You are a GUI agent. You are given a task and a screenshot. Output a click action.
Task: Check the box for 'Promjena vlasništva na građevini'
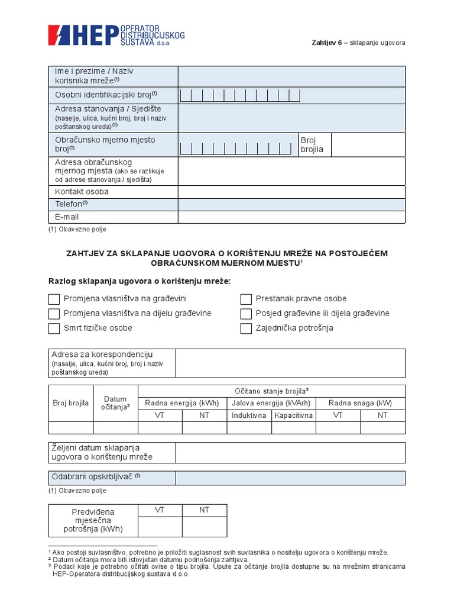(x=54, y=299)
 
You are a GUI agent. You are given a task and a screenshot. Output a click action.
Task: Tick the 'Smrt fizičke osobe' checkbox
(x=54, y=328)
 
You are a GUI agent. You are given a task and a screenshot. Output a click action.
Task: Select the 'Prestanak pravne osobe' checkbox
(x=246, y=299)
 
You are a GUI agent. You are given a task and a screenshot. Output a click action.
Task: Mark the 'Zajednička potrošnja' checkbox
(x=246, y=328)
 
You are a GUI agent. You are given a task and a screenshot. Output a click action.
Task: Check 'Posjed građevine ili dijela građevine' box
(x=246, y=314)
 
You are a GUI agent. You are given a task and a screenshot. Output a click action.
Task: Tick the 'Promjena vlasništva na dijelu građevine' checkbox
(x=54, y=314)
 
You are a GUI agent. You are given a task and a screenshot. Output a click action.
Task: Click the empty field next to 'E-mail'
(x=291, y=217)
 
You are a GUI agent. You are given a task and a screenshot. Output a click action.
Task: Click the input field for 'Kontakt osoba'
(x=291, y=192)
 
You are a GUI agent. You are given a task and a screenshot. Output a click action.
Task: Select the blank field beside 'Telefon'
(x=291, y=204)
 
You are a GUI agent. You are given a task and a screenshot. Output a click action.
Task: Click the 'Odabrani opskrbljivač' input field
(x=290, y=478)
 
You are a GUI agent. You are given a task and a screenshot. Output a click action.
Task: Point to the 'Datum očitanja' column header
(x=115, y=403)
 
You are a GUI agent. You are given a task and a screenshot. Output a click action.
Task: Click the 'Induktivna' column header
(x=248, y=415)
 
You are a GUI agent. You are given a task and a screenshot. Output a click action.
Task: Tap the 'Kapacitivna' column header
(x=293, y=415)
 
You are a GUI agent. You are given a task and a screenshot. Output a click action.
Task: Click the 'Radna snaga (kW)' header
(x=360, y=403)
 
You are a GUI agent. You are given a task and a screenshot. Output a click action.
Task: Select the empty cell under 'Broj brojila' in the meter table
(x=70, y=428)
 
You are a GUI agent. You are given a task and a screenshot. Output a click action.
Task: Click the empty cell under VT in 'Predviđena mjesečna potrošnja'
(x=160, y=526)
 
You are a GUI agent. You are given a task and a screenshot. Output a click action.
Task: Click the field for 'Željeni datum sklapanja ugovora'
(x=290, y=452)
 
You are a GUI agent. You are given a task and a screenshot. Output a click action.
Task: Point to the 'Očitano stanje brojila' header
(x=271, y=391)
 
